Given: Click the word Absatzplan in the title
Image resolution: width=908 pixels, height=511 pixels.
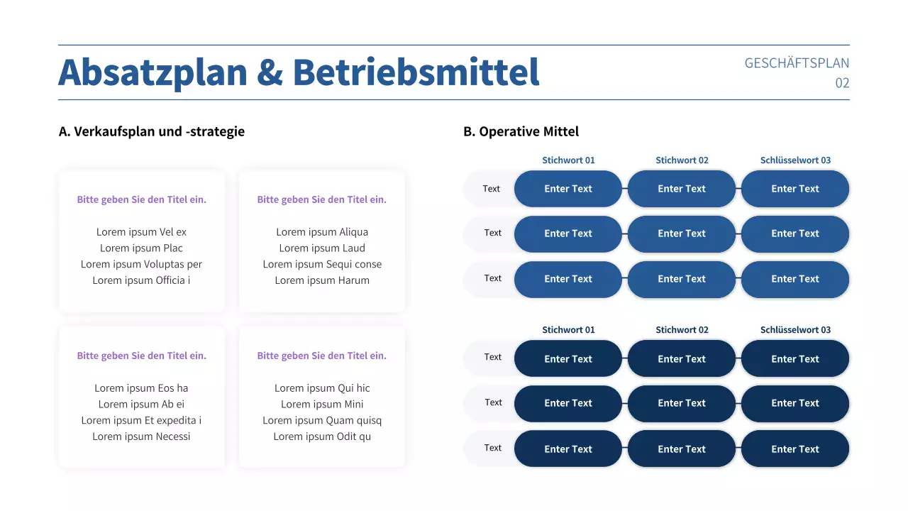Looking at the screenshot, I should click(x=153, y=72).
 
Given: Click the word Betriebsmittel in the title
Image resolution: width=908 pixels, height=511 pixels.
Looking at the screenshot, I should click(x=416, y=72).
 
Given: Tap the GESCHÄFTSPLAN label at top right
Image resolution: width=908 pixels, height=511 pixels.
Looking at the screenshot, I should click(x=796, y=63).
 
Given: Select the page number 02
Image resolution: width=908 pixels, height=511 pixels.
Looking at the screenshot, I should click(x=842, y=83).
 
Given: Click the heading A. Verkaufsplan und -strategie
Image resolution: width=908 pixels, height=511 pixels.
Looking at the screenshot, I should click(x=152, y=131).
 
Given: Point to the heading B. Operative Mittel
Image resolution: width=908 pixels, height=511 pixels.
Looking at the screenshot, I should click(x=521, y=131).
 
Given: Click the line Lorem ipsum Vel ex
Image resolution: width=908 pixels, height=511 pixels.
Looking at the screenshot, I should click(x=141, y=232).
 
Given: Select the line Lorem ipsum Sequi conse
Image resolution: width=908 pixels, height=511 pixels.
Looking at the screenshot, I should click(x=322, y=264).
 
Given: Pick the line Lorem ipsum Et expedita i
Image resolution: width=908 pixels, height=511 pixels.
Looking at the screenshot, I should click(x=141, y=420).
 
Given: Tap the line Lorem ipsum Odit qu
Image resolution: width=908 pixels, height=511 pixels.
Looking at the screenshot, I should click(x=322, y=436).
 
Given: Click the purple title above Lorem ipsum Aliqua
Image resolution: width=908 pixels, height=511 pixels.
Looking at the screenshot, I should click(x=322, y=199).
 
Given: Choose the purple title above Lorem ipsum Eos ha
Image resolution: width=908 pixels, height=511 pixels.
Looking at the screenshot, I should click(x=141, y=356).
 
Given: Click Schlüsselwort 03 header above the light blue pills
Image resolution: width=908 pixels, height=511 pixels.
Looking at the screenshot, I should click(x=795, y=160).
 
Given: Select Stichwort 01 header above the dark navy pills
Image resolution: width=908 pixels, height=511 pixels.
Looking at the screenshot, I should click(x=568, y=330).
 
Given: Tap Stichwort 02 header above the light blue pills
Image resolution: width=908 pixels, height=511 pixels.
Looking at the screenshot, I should click(x=682, y=160).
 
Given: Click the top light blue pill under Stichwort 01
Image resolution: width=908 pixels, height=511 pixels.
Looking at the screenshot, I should click(x=568, y=189).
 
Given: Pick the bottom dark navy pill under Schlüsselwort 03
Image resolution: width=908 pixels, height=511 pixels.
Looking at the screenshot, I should click(x=795, y=449).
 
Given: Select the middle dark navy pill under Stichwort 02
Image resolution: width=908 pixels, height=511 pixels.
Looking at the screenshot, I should click(x=682, y=403).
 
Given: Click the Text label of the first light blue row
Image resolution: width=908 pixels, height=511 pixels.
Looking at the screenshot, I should click(x=492, y=189).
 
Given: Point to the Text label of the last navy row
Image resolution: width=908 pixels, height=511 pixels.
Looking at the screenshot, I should click(x=493, y=448).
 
